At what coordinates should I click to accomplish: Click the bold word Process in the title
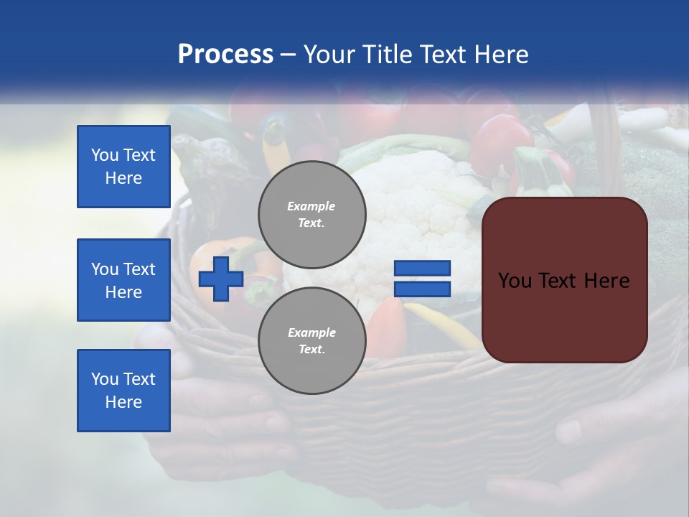pyautogui.click(x=225, y=55)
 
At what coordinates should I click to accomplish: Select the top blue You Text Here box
pyautogui.click(x=123, y=167)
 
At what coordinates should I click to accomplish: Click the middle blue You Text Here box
pyautogui.click(x=123, y=280)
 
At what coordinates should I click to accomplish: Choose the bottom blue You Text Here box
pyautogui.click(x=123, y=391)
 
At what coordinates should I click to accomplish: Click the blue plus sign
pyautogui.click(x=220, y=279)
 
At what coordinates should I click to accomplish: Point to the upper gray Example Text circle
pyautogui.click(x=311, y=214)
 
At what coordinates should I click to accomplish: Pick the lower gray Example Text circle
pyautogui.click(x=311, y=340)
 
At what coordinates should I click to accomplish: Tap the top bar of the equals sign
pyautogui.click(x=422, y=268)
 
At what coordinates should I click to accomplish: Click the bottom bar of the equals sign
pyautogui.click(x=422, y=289)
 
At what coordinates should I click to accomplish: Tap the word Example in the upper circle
pyautogui.click(x=311, y=206)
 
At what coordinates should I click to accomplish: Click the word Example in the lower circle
pyautogui.click(x=311, y=332)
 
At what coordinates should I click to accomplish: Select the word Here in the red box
pyautogui.click(x=607, y=281)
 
